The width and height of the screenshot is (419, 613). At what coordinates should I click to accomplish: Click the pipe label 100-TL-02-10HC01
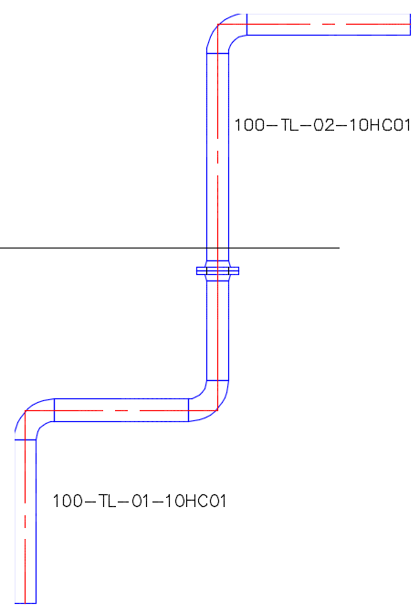pyautogui.click(x=322, y=125)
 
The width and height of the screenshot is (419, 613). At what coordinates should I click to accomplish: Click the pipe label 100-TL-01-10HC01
pyautogui.click(x=140, y=501)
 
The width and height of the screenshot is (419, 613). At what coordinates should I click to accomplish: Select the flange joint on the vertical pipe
pyautogui.click(x=217, y=270)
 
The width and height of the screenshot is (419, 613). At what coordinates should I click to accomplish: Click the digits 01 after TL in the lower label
pyautogui.click(x=141, y=501)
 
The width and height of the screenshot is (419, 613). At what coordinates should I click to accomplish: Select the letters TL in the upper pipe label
pyautogui.click(x=289, y=125)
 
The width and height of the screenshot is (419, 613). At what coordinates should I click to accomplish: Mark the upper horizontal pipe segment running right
pyautogui.click(x=329, y=25)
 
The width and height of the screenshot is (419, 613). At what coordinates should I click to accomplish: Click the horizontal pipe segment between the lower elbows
pyautogui.click(x=121, y=410)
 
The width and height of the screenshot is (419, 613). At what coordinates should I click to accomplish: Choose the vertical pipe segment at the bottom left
pyautogui.click(x=26, y=522)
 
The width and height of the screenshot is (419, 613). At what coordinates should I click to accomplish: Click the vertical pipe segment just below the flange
pyautogui.click(x=217, y=331)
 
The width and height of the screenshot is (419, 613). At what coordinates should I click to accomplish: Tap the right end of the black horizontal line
pyautogui.click(x=340, y=248)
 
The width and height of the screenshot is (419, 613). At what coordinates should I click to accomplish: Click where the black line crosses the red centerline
pyautogui.click(x=217, y=248)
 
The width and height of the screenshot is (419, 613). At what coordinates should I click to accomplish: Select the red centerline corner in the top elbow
pyautogui.click(x=217, y=25)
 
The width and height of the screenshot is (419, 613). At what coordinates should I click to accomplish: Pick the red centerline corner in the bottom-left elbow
pyautogui.click(x=25, y=410)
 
